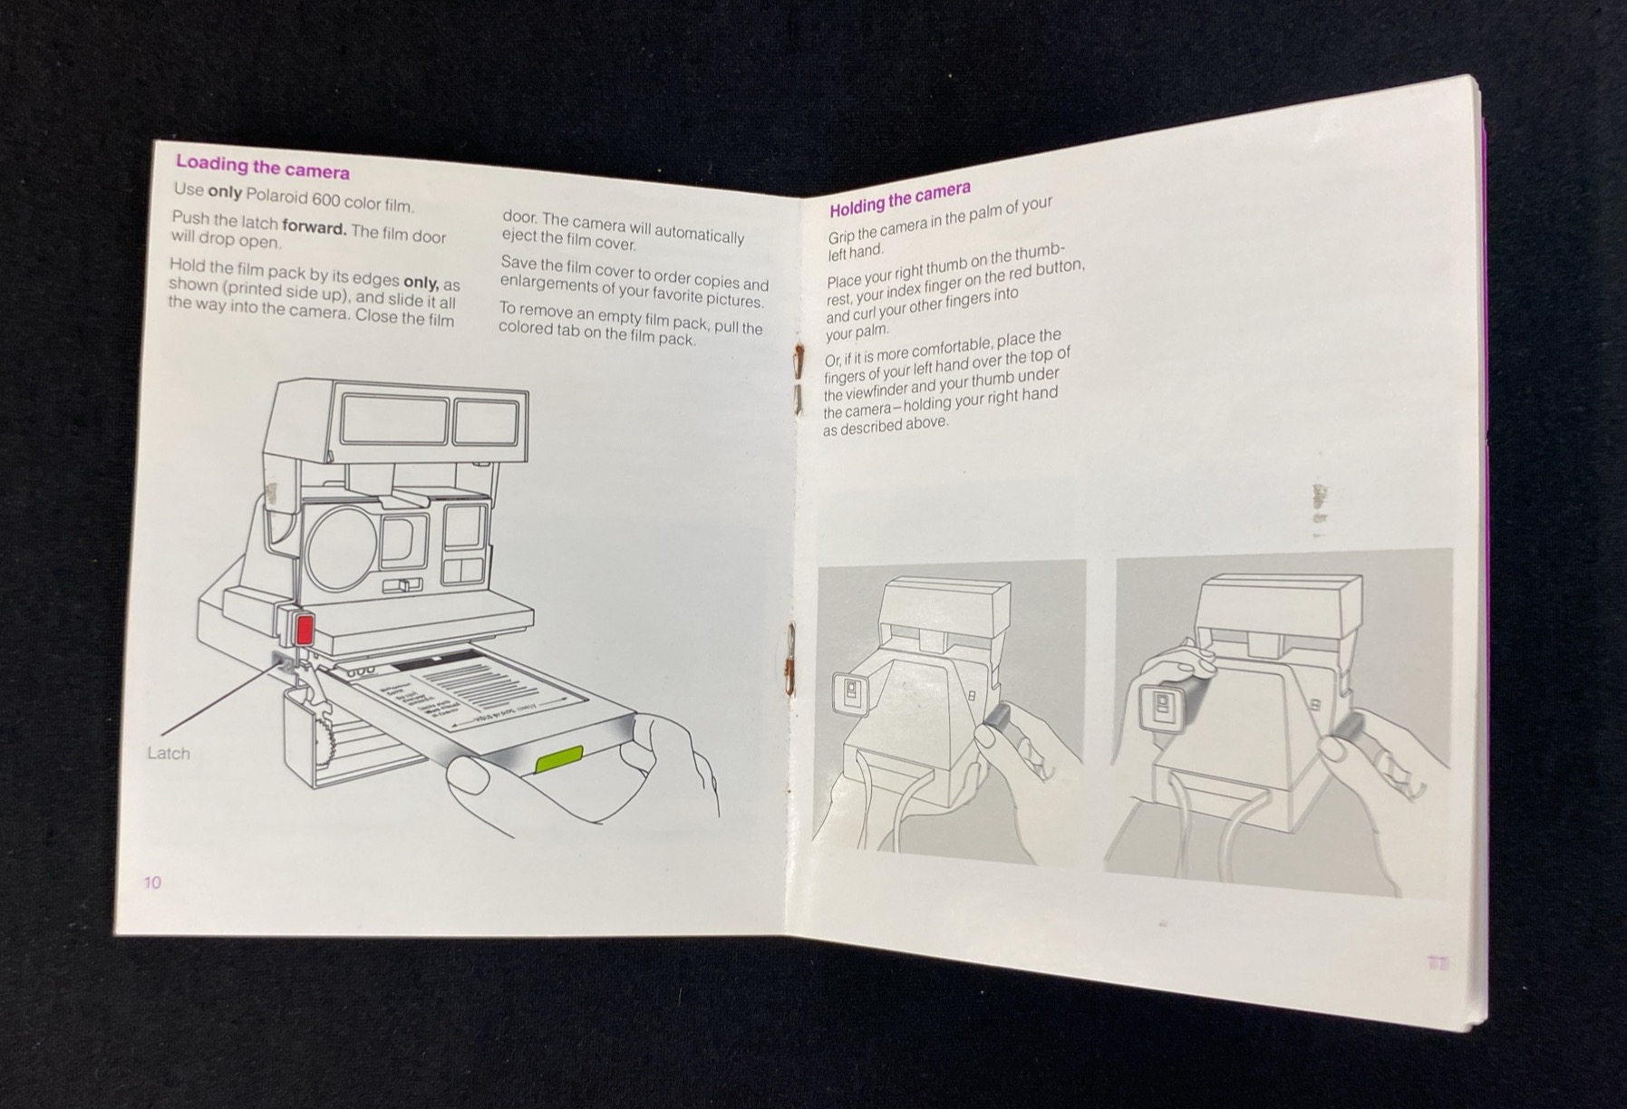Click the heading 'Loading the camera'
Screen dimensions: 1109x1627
262,167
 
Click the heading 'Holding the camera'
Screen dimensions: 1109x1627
899,198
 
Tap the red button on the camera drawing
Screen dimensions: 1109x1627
303,628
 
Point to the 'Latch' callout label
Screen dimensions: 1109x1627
169,753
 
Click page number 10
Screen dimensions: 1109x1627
152,882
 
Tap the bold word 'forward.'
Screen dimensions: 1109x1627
314,227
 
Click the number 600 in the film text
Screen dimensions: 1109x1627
323,200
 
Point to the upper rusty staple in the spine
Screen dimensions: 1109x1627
798,362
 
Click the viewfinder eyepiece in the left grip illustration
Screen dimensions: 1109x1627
849,694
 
